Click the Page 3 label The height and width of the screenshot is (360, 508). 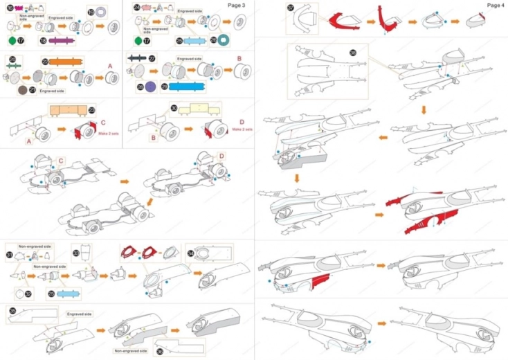coord(237,5)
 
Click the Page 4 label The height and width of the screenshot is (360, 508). coord(495,5)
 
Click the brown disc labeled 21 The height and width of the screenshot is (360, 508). coord(23,90)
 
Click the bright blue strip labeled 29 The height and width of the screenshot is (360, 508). coord(182,87)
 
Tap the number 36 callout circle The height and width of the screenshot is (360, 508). coord(160,351)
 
